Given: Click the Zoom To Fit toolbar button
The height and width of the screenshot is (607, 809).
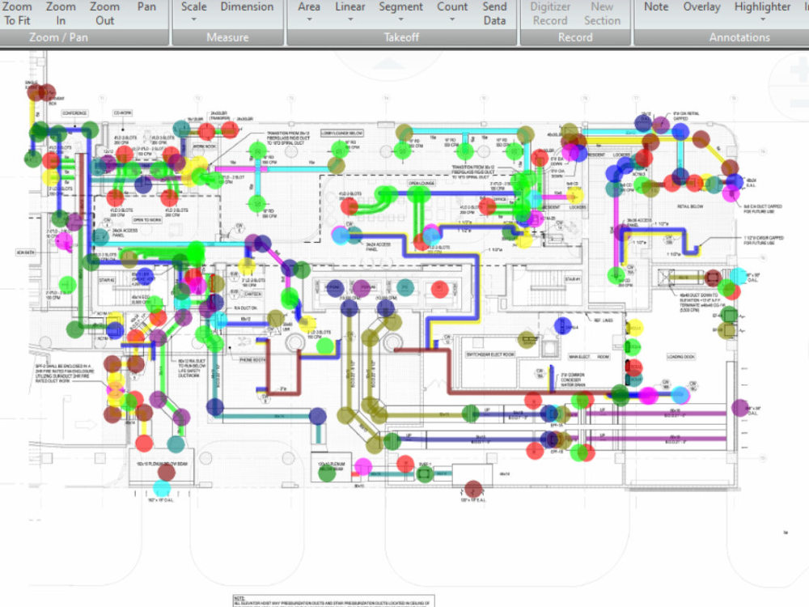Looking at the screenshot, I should point(17,13).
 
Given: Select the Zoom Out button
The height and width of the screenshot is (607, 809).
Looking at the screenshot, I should point(104,13).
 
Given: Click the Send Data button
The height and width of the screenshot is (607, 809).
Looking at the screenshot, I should point(494,13).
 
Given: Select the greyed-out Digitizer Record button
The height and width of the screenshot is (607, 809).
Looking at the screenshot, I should point(550,13).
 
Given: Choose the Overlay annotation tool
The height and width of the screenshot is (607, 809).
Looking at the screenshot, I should point(701,6).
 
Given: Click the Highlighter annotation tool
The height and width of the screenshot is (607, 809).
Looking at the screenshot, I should point(762,6).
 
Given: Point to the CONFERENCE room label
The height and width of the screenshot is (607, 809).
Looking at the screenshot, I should point(74,113).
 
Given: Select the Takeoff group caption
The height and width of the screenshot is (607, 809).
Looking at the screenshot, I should point(402,37).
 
